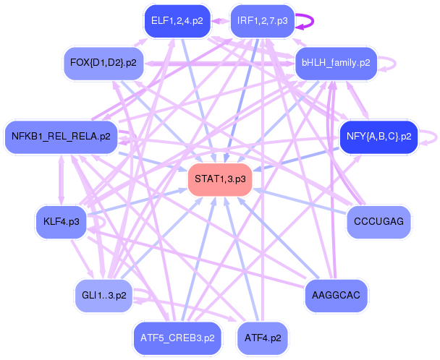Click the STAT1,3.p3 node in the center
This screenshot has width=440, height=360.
point(219,179)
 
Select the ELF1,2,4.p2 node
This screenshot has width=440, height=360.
point(176,22)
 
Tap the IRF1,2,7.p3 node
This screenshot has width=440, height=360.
point(262,22)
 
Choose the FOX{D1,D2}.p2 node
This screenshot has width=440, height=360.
point(103,63)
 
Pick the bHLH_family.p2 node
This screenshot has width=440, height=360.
point(336,63)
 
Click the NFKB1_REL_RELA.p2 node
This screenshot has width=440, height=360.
point(61,135)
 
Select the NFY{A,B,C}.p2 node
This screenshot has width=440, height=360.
point(378,135)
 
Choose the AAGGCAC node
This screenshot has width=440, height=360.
point(336,296)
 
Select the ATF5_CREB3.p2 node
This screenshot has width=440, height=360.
point(177,337)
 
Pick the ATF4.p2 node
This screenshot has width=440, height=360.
point(263,337)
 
